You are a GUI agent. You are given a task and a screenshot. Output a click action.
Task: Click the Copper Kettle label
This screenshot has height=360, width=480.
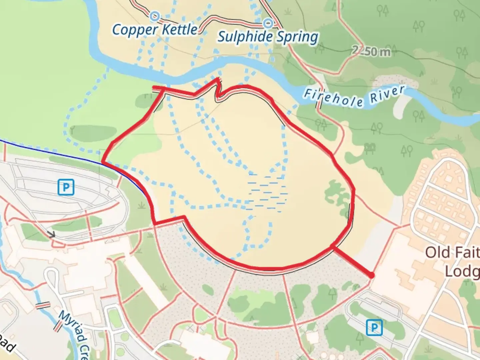pyautogui.click(x=155, y=30)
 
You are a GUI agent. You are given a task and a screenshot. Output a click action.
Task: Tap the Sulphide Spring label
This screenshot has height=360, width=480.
pyautogui.click(x=268, y=37)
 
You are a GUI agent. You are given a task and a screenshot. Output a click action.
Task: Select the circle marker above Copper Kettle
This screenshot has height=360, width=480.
pyautogui.click(x=155, y=16)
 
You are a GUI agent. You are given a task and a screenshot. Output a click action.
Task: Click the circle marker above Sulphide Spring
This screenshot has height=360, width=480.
pyautogui.click(x=268, y=23)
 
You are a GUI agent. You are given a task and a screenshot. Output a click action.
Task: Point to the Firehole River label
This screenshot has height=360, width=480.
pyautogui.click(x=354, y=96)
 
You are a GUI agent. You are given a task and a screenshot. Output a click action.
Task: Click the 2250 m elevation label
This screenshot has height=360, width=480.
pyautogui.click(x=371, y=51)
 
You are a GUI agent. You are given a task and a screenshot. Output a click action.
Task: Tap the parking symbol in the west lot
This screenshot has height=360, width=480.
pyautogui.click(x=66, y=187)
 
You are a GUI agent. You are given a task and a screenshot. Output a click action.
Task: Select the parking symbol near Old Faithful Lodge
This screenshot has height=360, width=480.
pyautogui.click(x=374, y=328)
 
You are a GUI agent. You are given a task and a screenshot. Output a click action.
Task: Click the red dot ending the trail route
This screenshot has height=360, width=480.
pyautogui.click(x=371, y=275)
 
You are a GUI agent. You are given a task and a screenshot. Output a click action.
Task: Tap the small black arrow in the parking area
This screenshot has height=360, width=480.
pyautogui.click(x=51, y=234)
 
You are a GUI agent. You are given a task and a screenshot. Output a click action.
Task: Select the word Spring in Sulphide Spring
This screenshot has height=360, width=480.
pyautogui.click(x=297, y=37)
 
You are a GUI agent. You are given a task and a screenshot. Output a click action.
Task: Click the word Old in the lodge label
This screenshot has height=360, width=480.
pyautogui.click(x=437, y=252)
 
